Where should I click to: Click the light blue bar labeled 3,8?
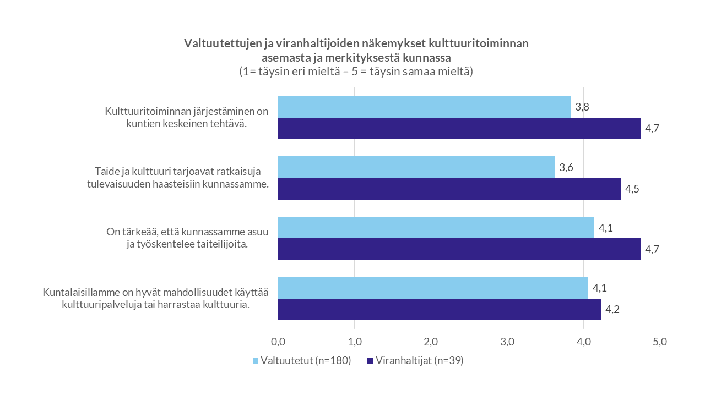coord(424,107)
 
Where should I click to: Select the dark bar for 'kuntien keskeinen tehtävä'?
coord(459,128)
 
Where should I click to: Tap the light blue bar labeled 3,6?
coord(416,167)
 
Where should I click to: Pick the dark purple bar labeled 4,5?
coord(449,189)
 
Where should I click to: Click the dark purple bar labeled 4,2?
coord(439,309)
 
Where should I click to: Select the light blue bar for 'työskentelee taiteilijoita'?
coord(436,227)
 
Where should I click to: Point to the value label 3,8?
coord(583,107)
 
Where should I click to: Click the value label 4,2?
coord(612,310)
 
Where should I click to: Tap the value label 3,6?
coord(567,168)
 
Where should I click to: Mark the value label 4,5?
coord(632,189)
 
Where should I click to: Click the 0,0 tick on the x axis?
coord(278,342)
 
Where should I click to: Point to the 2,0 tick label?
coord(431,342)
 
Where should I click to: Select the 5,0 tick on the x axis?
coord(660,342)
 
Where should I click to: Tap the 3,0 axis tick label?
coord(507,342)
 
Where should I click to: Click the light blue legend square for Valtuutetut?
coord(256,361)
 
